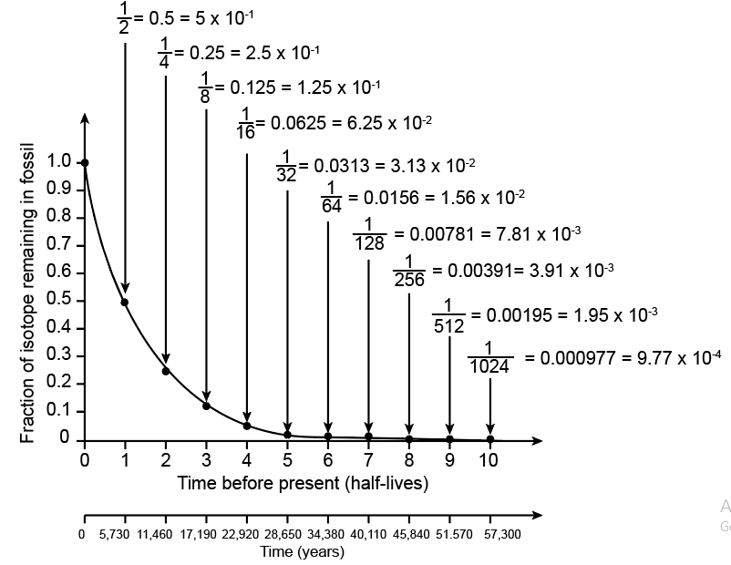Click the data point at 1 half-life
point(125,302)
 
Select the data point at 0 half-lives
point(85,163)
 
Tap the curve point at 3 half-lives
point(206,406)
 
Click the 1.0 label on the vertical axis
point(58,162)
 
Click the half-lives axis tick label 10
point(489,460)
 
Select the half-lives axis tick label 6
point(327,460)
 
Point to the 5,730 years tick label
point(116,534)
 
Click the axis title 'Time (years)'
point(302,551)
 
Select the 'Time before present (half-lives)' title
point(303,483)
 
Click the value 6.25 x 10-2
point(387,122)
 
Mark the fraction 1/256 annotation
point(409,272)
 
